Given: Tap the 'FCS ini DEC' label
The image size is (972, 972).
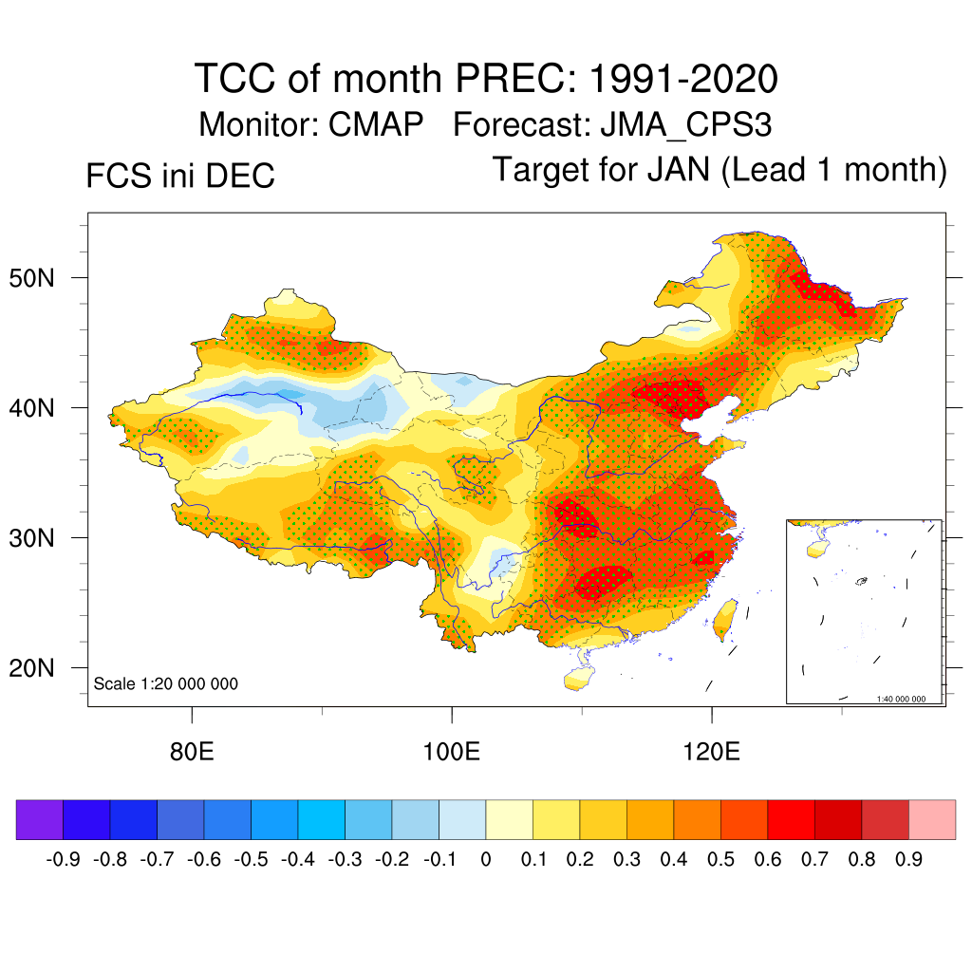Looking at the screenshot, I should click(x=180, y=177).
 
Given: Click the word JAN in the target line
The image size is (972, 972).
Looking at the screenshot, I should click(x=679, y=171).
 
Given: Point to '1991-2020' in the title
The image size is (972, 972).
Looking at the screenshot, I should click(x=683, y=78).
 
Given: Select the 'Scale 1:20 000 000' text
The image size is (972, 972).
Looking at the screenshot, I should click(x=166, y=683).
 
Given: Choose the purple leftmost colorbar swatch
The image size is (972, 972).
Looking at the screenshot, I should click(x=39, y=820).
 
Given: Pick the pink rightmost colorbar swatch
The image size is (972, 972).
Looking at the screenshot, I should click(x=932, y=820).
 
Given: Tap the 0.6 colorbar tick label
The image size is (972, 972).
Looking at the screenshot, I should click(x=768, y=860).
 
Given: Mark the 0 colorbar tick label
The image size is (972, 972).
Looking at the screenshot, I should click(x=486, y=860).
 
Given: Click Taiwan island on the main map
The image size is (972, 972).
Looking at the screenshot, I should click(x=725, y=617).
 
